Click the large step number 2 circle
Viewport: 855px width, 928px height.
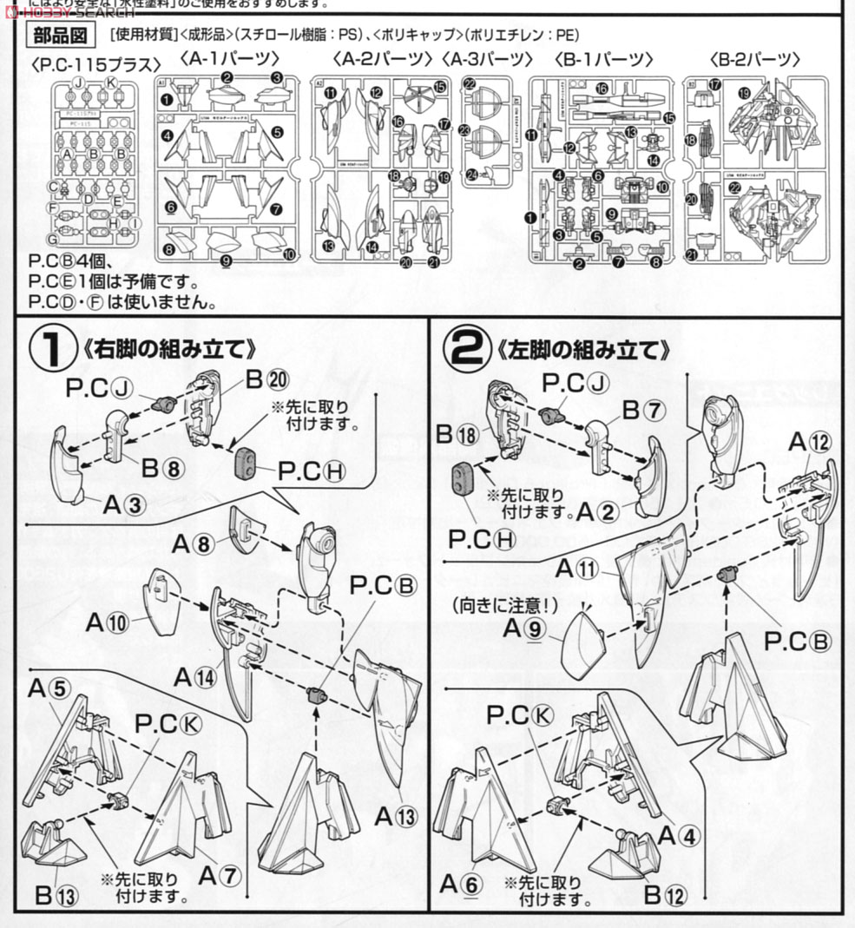click(468, 350)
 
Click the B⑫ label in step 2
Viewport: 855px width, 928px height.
click(664, 895)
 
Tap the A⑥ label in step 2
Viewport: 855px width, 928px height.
click(460, 884)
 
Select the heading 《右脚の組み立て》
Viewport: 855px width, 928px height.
click(169, 350)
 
